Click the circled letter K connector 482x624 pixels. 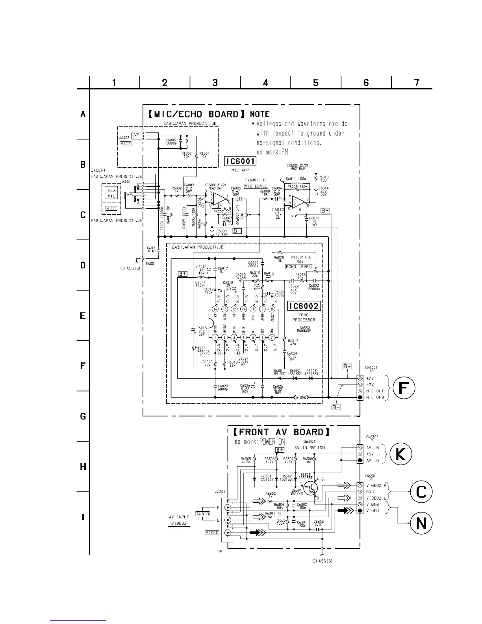[400, 454]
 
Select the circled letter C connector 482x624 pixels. [421, 492]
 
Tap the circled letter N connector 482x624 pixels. [421, 523]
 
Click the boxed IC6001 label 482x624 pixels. [240, 161]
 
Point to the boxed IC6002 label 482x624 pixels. [304, 306]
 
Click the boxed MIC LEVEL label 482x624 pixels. [256, 186]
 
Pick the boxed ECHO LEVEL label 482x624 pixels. [298, 267]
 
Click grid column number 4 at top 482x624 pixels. [265, 82]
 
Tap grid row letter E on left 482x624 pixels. [83, 316]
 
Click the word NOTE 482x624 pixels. [260, 114]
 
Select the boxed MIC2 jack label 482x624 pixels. [125, 144]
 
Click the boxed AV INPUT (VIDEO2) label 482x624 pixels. [179, 520]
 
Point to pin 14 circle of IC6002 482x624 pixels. [215, 309]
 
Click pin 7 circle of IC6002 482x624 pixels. [272, 337]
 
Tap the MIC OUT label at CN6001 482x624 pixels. [375, 391]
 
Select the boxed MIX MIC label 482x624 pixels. [112, 193]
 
